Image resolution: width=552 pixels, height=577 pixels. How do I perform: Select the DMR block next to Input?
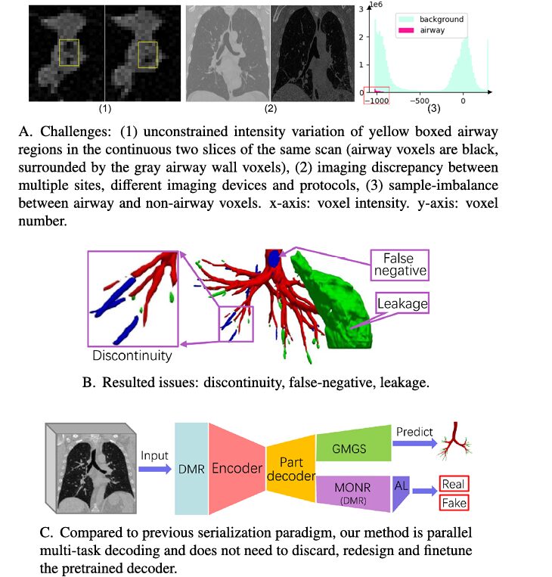(x=191, y=467)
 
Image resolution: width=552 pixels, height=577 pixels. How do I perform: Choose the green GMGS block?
(x=349, y=448)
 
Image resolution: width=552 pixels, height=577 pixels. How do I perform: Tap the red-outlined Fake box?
(x=454, y=502)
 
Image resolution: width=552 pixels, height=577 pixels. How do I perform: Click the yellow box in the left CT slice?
(x=70, y=53)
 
